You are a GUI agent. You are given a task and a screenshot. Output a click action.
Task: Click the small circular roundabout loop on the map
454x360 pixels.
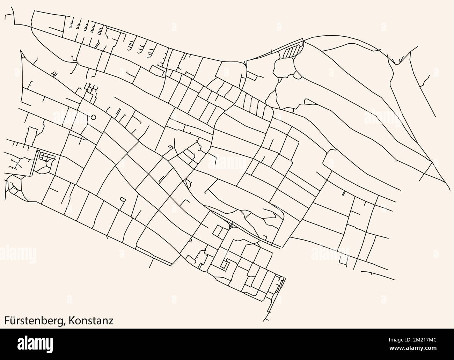[93, 117]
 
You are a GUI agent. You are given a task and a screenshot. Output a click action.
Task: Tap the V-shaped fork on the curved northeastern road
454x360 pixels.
[396, 63]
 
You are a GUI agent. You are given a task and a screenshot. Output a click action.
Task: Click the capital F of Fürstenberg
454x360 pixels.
[7, 321]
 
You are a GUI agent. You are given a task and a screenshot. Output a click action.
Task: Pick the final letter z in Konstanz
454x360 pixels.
[111, 321]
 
